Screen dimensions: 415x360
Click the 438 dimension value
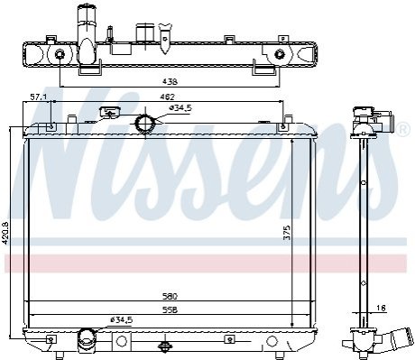point(170,81)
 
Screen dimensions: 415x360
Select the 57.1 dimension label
point(39,97)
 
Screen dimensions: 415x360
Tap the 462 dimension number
point(167,97)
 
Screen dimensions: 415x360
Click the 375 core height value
point(287,232)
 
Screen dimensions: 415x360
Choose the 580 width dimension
point(170,297)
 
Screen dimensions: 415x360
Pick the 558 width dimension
point(170,309)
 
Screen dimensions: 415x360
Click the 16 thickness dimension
point(381,308)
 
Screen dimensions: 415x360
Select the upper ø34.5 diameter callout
point(180,108)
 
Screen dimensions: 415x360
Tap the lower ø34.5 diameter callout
point(121,320)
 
